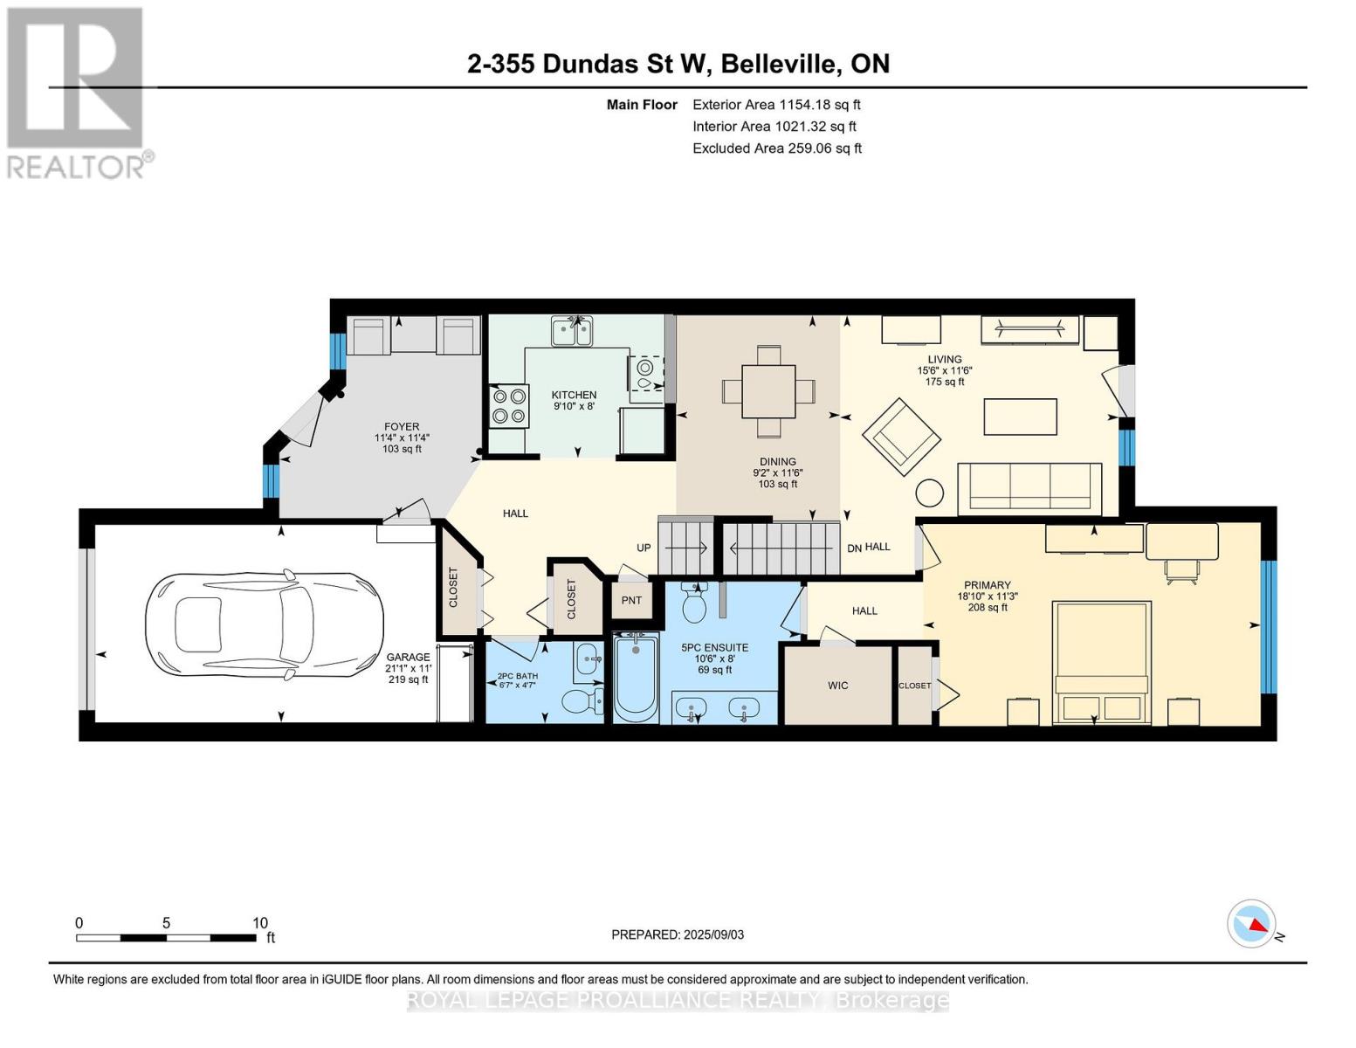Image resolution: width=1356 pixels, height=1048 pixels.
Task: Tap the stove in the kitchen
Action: coord(509,406)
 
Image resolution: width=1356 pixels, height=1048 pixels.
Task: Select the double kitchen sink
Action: coord(571,332)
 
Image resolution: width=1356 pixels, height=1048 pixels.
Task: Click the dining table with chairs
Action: coord(768,391)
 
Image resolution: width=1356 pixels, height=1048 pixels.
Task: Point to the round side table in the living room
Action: coord(931,493)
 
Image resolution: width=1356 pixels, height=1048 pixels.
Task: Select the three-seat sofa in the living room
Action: coord(1029,486)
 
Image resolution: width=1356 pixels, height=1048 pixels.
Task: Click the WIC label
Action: coord(838,686)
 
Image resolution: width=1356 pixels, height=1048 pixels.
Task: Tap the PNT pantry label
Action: coord(631,600)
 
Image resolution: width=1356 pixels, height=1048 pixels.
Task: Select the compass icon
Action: coord(1252,924)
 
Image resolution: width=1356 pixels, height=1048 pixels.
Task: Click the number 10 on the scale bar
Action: coord(259,923)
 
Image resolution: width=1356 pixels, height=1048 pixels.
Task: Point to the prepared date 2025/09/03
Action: coord(678,934)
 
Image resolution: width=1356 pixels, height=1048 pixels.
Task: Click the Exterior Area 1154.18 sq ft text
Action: coord(776,105)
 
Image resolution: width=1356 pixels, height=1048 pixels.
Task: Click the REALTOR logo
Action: coord(77,92)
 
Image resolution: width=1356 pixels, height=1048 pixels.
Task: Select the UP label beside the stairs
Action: coord(644,548)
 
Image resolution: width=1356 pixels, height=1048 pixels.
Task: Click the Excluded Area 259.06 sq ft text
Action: coord(777,148)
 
